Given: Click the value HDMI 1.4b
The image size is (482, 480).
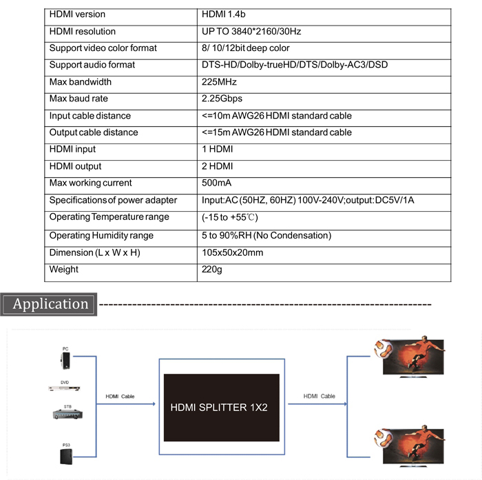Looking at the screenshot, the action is [224, 14].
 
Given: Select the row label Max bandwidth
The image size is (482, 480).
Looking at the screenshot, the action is [81, 82].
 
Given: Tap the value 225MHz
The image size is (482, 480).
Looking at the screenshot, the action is [219, 82].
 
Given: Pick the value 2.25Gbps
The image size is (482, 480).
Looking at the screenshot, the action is [222, 99].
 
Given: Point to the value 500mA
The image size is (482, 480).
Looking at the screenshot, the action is [216, 183].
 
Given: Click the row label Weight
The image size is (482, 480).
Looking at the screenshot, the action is [63, 270].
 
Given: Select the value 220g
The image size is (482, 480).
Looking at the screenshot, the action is [212, 270].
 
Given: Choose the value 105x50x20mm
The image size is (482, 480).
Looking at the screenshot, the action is [233, 253].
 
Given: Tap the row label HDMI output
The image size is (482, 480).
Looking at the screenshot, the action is [75, 166].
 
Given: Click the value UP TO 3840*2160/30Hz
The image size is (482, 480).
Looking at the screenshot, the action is [251, 32].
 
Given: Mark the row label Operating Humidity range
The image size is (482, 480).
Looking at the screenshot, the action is [101, 236].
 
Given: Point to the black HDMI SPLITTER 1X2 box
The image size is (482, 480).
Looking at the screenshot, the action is [221, 408].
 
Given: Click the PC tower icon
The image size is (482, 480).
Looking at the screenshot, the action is [65, 361].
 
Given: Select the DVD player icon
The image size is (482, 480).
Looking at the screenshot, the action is [64, 388].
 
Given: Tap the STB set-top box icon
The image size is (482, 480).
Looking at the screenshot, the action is [67, 414].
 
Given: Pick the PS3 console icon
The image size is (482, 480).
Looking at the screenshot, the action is [66, 457].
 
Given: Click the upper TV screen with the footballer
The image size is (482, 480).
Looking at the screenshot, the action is [410, 357].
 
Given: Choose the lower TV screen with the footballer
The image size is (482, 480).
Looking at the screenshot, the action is [410, 446].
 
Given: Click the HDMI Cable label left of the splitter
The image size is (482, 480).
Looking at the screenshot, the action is [120, 397].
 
